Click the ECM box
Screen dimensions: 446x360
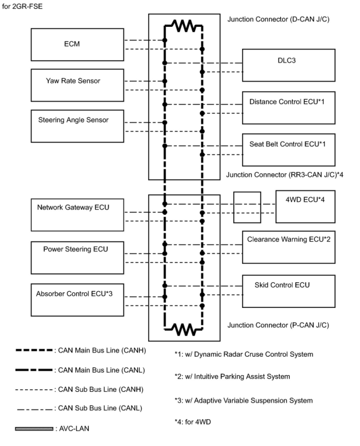tap(77, 45)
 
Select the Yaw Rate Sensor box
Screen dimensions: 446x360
tap(77, 85)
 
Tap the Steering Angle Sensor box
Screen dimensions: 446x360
tap(77, 126)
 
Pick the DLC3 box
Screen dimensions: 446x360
tap(289, 65)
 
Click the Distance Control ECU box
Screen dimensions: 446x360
tap(289, 107)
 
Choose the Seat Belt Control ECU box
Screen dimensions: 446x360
tap(289, 150)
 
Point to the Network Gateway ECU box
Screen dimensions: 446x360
tap(77, 215)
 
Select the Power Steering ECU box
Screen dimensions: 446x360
tap(77, 258)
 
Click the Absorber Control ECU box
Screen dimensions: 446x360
tap(77, 300)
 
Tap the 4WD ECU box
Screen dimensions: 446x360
tap(305, 207)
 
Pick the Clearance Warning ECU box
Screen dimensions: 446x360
tap(289, 247)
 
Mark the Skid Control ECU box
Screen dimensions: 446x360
tap(289, 291)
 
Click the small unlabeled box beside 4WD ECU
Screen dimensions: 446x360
tap(247, 207)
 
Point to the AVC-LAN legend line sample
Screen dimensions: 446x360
tap(34, 429)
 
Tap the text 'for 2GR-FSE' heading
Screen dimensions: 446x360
tap(22, 6)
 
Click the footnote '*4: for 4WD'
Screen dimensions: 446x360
tap(192, 422)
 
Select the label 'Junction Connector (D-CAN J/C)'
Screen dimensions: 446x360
tap(278, 19)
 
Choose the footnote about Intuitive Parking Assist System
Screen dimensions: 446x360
tap(232, 376)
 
